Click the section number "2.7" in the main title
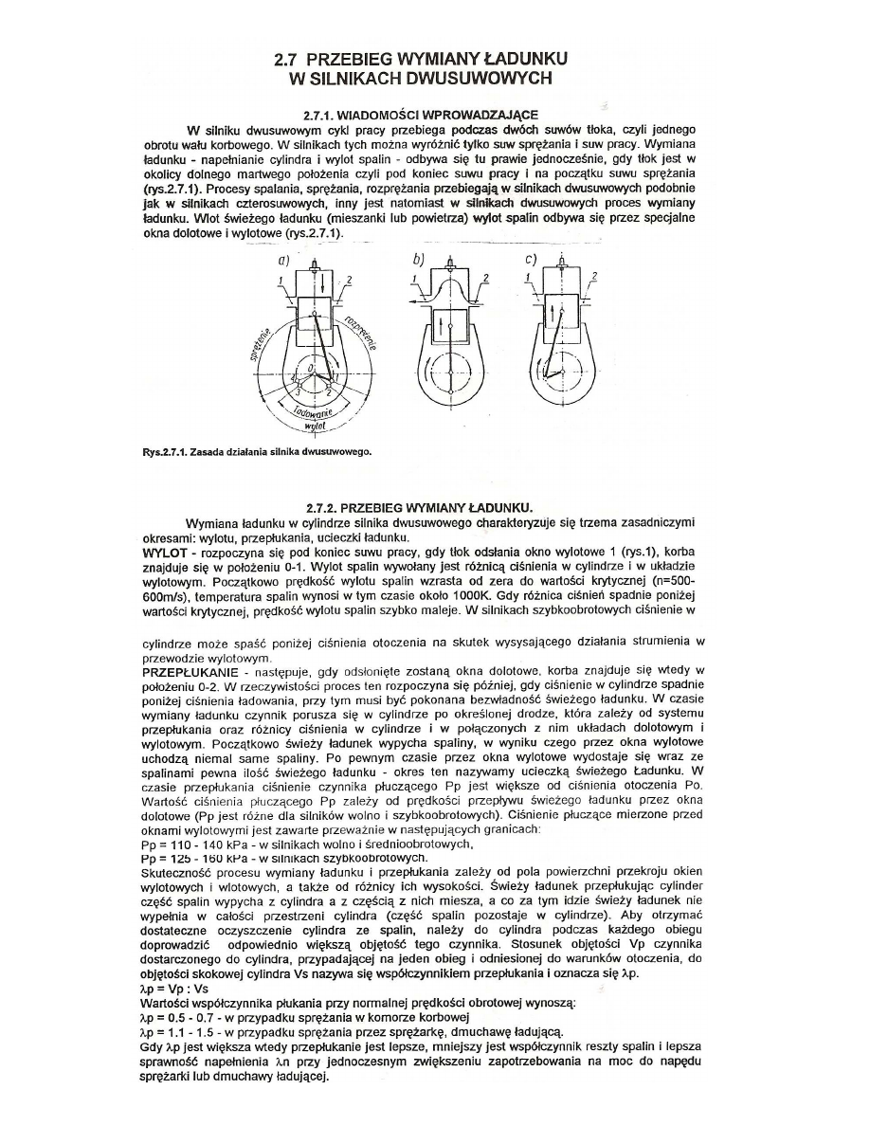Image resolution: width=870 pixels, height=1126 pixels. coord(286,59)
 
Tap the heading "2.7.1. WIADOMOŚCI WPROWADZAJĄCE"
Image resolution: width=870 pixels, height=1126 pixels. coord(420,114)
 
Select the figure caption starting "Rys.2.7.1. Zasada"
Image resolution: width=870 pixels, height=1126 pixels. coord(251,450)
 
